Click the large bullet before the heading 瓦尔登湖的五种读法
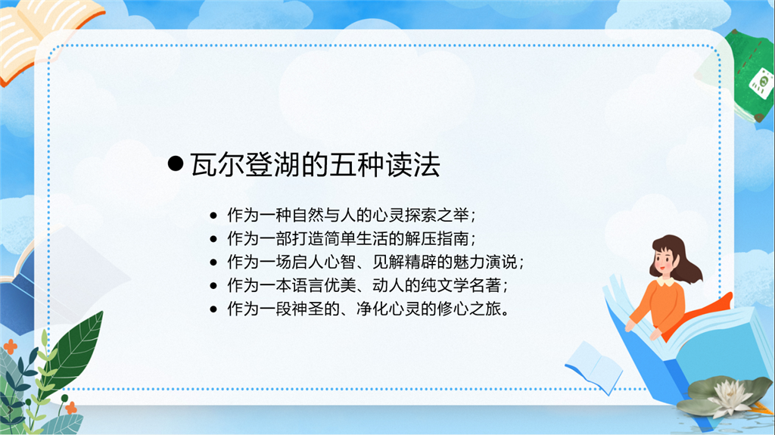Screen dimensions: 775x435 [176, 163]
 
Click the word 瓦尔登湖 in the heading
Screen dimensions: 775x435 [245, 165]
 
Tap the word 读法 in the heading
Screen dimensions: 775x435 [412, 165]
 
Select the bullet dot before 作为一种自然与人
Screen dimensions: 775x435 [213, 216]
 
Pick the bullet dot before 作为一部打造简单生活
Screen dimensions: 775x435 [213, 239]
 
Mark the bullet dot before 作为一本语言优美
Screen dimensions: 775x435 [213, 286]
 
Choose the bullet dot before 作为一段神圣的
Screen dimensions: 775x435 [213, 309]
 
